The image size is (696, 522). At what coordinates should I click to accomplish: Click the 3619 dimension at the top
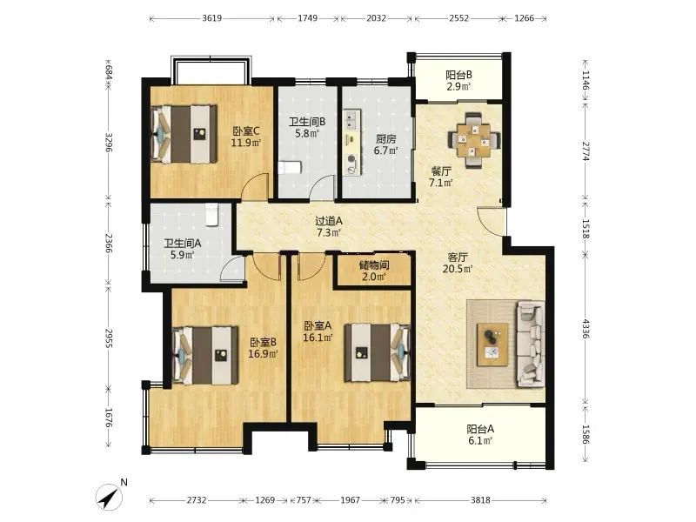pos(211,18)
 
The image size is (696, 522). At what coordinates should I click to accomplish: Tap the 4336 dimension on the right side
pos(586,329)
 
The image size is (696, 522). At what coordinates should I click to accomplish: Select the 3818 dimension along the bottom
pos(480,500)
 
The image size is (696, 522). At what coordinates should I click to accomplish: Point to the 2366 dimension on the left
pos(109,244)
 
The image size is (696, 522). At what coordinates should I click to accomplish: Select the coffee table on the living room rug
pos(492,345)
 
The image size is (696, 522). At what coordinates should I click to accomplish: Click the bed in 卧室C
pos(184,134)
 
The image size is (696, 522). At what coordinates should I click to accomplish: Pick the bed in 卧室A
pos(378,352)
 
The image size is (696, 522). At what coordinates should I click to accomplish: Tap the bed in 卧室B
pos(205,355)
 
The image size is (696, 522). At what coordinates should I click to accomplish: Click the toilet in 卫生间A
pos(212,214)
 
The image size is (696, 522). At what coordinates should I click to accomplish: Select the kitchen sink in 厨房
pos(352,120)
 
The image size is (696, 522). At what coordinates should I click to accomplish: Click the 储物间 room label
pos(374,265)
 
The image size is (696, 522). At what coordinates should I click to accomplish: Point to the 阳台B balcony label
pos(459,75)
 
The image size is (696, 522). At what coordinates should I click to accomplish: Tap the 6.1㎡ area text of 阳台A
pos(480,440)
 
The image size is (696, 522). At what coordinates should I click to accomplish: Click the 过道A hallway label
pos(329,221)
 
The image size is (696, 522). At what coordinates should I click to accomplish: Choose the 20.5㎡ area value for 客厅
pos(458,269)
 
